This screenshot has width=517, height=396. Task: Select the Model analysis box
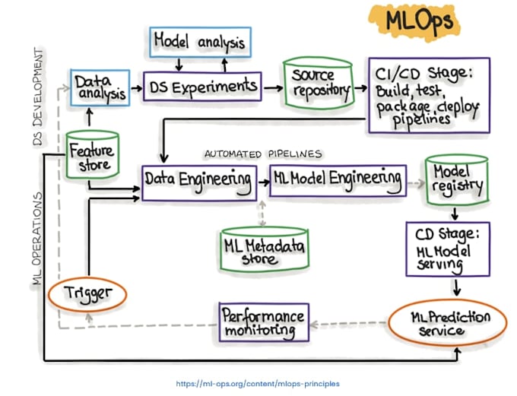(200, 42)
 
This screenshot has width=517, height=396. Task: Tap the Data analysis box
(100, 87)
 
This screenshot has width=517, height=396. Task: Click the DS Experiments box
(201, 87)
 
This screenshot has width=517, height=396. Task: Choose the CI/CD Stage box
(427, 94)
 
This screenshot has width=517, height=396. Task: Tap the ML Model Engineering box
(335, 179)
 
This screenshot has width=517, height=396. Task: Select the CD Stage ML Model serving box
(447, 249)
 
